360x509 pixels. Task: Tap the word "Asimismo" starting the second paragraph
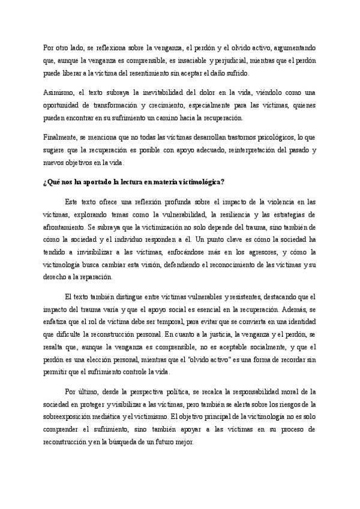click(58, 94)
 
